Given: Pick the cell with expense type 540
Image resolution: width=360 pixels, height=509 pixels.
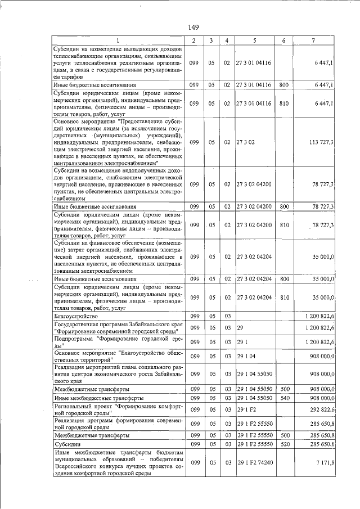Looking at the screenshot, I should [284, 398].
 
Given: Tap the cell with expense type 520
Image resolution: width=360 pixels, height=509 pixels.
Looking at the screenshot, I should [284, 444].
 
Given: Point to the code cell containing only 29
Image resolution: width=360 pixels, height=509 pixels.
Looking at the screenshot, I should [240, 327].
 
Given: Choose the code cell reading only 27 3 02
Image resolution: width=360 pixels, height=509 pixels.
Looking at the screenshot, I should [246, 143].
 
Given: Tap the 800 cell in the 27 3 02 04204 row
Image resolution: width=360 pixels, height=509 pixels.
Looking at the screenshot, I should [284, 278].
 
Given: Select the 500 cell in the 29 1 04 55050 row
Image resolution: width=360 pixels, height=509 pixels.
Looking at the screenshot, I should [284, 389].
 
